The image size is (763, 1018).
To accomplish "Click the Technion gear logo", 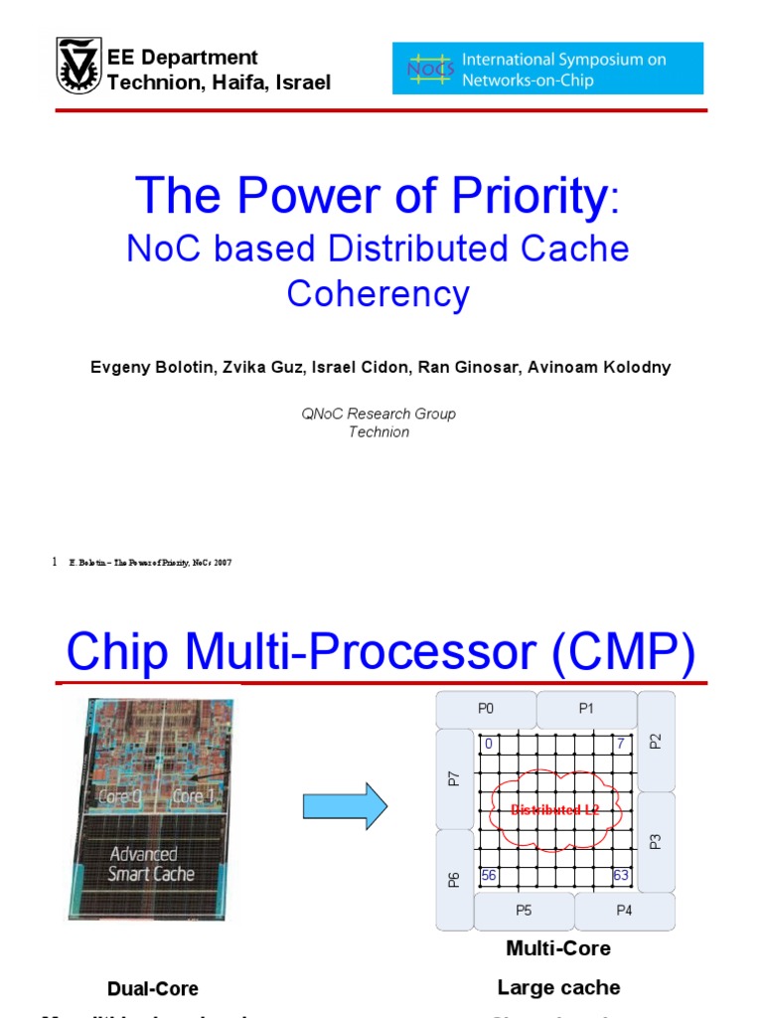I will coord(78,68).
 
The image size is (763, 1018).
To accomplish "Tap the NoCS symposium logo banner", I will coord(547,68).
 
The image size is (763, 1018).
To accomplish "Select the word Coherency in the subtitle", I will coord(378,293).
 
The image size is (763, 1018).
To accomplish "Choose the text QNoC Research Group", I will coord(379,414).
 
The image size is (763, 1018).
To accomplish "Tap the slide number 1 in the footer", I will coord(54,563).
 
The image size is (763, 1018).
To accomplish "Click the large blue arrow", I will coord(345,804).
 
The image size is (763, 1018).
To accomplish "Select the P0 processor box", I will coord(486,709).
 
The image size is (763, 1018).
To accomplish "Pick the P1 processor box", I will coord(586,709).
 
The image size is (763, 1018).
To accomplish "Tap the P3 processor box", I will coord(656,840).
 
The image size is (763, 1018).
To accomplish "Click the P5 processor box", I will coord(524,910).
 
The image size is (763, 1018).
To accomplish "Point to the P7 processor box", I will coord(454,778).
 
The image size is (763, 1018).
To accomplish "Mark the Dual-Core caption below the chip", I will coord(153,988).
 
